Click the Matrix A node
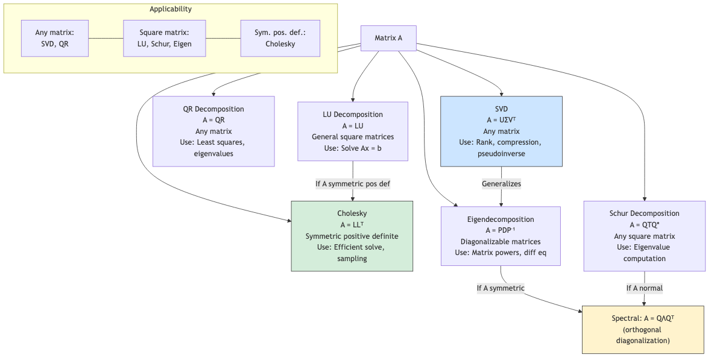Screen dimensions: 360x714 [x=388, y=38]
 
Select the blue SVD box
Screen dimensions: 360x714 [x=501, y=131]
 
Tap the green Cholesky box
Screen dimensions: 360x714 [x=352, y=236]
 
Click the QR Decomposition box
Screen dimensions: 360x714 [x=213, y=131]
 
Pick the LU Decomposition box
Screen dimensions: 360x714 [x=352, y=131]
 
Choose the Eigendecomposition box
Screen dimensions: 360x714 [x=500, y=236]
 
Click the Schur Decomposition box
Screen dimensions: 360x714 [x=644, y=236]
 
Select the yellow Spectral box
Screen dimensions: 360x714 [x=642, y=329]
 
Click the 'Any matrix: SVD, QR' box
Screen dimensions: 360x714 [x=55, y=38]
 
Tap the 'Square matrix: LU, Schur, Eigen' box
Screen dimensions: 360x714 [x=164, y=38]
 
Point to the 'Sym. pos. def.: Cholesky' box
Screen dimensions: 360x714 [x=280, y=38]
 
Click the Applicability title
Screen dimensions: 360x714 [x=171, y=9]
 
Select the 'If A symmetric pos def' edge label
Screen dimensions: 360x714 [x=353, y=184]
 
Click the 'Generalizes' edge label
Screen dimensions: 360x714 [x=501, y=183]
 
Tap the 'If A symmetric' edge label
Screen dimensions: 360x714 [x=500, y=288]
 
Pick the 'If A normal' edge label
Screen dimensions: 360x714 [x=644, y=288]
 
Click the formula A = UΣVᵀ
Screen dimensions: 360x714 [x=501, y=120]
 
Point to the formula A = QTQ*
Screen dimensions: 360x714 [x=644, y=225]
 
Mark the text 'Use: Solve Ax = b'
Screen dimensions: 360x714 [x=352, y=148]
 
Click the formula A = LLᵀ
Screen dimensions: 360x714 [x=352, y=225]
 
